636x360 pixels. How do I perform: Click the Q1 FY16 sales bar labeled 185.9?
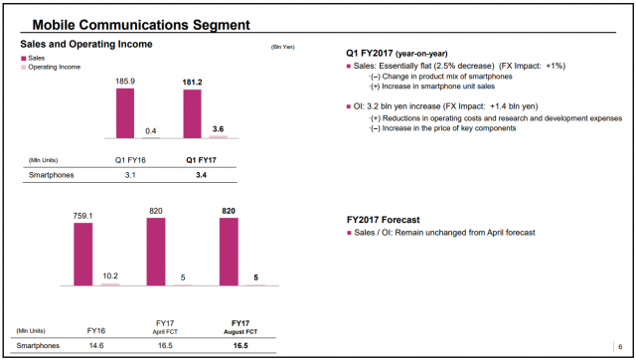(125, 113)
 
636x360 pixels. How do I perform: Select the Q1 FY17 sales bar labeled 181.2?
(192, 113)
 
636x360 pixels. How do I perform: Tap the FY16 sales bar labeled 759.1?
(83, 254)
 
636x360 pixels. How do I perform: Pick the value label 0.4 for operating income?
(151, 131)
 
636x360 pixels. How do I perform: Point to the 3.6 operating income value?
(218, 129)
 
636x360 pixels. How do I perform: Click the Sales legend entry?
(33, 58)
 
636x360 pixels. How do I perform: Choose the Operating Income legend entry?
(51, 67)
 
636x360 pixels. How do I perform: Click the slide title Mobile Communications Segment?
(141, 25)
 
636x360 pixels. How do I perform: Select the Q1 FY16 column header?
(130, 160)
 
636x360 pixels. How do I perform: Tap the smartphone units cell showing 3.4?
(201, 175)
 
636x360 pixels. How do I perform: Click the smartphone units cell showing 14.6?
(96, 346)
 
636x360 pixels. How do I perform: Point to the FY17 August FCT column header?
(240, 327)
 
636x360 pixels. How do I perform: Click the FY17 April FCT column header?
(165, 327)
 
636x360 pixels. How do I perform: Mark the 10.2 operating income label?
(110, 276)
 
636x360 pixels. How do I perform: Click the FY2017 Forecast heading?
(384, 220)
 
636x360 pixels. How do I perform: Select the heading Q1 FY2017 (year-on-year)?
(397, 53)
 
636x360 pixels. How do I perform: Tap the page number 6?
(620, 347)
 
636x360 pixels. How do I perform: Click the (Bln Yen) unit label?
(282, 47)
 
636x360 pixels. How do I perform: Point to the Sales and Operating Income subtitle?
(86, 44)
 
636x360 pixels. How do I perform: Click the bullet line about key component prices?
(442, 128)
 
